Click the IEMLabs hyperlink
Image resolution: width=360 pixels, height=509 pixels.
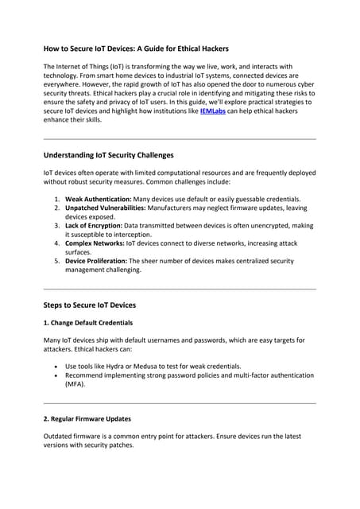214,113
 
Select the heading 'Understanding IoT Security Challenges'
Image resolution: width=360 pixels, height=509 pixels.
108,154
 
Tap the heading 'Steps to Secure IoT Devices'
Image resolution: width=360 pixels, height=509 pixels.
89,305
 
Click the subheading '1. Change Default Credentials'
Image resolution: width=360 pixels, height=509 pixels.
87,323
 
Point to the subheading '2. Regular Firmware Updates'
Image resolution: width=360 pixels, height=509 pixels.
87,418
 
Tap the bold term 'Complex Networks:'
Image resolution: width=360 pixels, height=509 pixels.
95,243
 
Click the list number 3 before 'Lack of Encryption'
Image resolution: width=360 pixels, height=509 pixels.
56,225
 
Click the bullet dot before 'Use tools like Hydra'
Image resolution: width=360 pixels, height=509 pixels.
53,365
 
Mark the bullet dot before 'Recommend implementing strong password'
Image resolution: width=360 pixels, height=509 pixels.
53,374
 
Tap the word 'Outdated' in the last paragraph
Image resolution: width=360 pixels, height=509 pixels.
60,436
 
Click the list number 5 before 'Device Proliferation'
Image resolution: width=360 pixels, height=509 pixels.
56,261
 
